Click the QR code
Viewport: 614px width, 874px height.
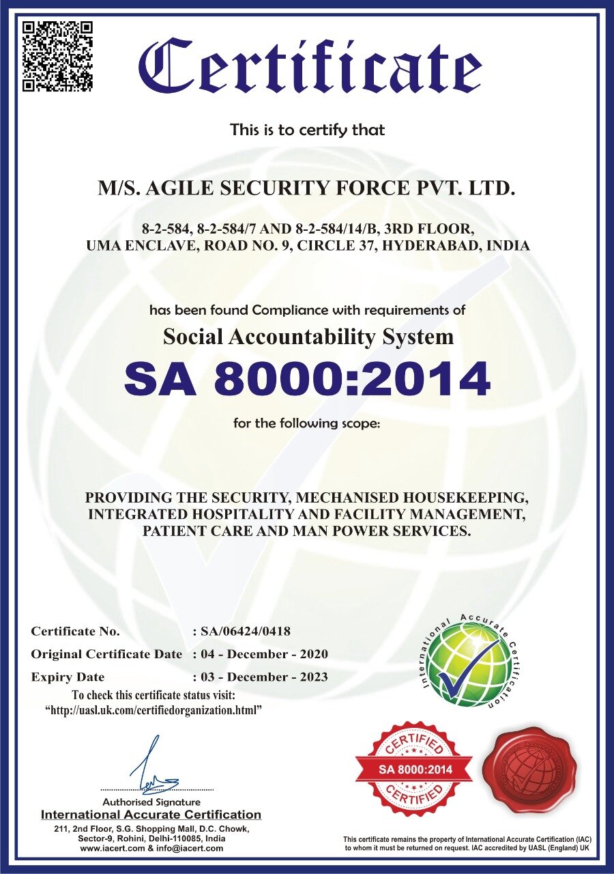(x=57, y=56)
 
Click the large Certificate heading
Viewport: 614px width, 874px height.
(x=310, y=68)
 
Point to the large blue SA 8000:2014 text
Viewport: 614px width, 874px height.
(x=307, y=380)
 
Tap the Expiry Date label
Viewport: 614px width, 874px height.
(x=68, y=677)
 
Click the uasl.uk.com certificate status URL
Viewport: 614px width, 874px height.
(x=154, y=711)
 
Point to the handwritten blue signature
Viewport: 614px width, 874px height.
(x=153, y=768)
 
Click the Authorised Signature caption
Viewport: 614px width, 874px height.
(x=151, y=802)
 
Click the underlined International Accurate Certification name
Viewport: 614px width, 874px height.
(x=151, y=815)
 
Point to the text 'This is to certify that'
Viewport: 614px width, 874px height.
(x=307, y=129)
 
